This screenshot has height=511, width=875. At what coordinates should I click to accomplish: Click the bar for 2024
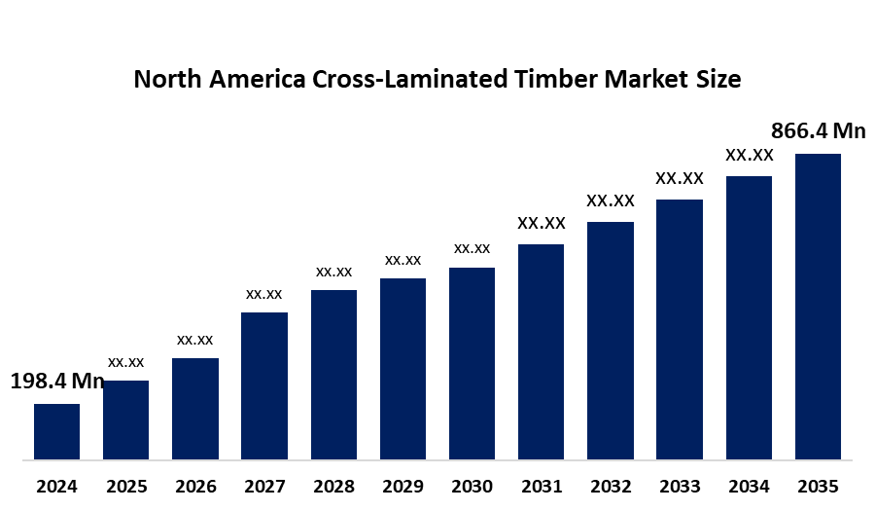click(56, 431)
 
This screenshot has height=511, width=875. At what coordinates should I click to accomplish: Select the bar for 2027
click(264, 385)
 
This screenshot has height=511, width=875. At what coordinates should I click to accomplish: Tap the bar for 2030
click(472, 363)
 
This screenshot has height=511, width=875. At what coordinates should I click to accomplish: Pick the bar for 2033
click(679, 329)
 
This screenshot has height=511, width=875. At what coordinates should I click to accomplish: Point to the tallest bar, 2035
click(818, 306)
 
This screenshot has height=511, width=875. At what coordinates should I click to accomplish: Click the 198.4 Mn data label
click(56, 382)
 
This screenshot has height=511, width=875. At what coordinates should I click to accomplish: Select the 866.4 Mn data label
click(818, 130)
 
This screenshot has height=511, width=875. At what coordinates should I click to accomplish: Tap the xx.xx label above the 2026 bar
click(194, 340)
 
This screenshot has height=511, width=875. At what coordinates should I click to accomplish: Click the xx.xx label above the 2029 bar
click(402, 260)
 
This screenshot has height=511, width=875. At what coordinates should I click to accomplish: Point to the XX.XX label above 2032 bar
click(610, 201)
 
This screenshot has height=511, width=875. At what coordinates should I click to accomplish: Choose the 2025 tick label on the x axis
click(125, 486)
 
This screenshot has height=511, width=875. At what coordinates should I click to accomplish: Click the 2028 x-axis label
click(333, 486)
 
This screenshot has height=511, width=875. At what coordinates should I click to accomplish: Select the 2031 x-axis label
click(541, 486)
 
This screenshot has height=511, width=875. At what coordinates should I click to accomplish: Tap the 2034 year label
click(749, 486)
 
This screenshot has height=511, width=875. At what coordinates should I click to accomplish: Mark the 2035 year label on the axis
click(818, 486)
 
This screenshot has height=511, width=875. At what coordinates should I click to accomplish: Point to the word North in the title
click(164, 80)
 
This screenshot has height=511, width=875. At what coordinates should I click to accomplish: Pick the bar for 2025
click(125, 420)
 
